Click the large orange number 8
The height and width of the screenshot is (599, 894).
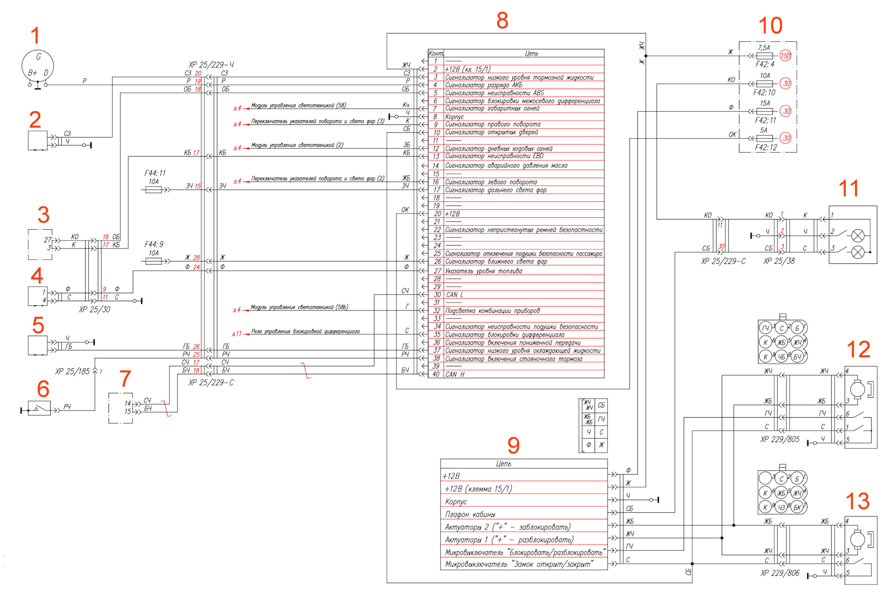pyautogui.click(x=502, y=21)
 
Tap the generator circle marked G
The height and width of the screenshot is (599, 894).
pyautogui.click(x=38, y=66)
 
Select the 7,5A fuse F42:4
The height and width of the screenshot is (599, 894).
pyautogui.click(x=765, y=56)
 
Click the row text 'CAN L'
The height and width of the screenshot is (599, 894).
pyautogui.click(x=454, y=295)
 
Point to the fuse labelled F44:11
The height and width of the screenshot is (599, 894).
pyautogui.click(x=154, y=190)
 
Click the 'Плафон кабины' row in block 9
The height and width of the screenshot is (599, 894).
pyautogui.click(x=470, y=514)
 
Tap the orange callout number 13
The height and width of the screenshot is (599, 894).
pyautogui.click(x=857, y=501)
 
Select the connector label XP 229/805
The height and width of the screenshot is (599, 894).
pyautogui.click(x=779, y=439)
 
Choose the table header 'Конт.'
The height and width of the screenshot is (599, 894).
pyautogui.click(x=436, y=54)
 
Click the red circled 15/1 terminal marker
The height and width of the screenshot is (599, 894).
pyautogui.click(x=786, y=56)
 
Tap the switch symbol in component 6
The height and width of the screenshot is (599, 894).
pyautogui.click(x=39, y=409)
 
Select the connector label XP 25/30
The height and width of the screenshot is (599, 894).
pyautogui.click(x=95, y=310)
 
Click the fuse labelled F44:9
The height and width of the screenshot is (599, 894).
pyautogui.click(x=154, y=261)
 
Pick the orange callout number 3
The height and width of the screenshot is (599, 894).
pyautogui.click(x=43, y=215)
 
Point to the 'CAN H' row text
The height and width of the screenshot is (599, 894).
pyautogui.click(x=455, y=374)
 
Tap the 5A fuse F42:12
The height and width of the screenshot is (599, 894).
pyautogui.click(x=765, y=138)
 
